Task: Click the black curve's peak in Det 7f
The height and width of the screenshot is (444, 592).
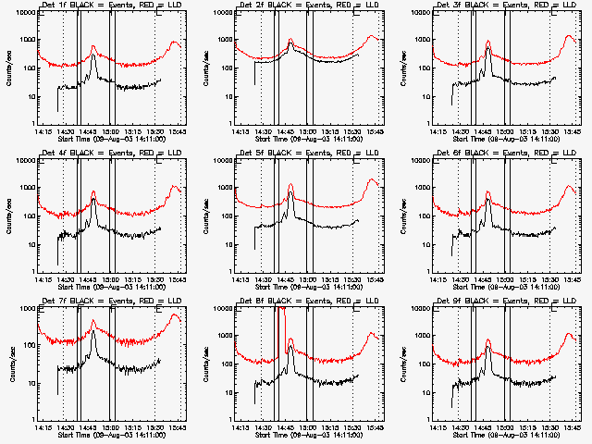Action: (x=93, y=331)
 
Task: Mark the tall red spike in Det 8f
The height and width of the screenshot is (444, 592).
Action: (x=279, y=319)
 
